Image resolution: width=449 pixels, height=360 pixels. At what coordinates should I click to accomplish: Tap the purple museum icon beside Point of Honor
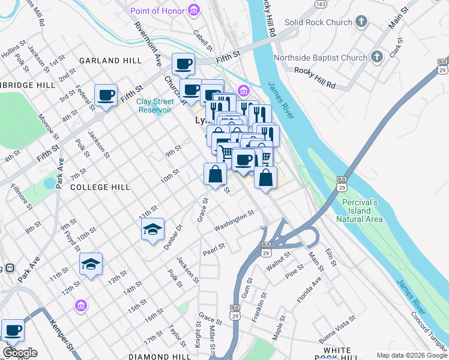tap(193, 10)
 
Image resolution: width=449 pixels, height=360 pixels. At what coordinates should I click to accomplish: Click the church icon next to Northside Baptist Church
tap(377, 58)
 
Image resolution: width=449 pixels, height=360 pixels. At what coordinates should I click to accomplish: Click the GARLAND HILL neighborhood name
tap(110, 61)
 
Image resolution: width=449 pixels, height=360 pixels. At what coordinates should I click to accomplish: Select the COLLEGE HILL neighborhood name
tap(100, 187)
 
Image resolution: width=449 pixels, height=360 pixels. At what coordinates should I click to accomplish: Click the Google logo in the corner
tap(20, 353)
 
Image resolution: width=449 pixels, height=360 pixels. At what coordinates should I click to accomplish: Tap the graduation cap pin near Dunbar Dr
tap(152, 229)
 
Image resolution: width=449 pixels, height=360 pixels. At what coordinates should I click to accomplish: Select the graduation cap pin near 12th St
tap(91, 263)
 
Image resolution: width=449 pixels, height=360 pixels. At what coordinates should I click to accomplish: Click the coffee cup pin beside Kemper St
tap(13, 329)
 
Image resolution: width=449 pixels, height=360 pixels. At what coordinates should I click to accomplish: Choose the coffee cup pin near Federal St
tap(106, 95)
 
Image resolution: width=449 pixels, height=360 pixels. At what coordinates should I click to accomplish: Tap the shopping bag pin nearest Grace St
tap(215, 175)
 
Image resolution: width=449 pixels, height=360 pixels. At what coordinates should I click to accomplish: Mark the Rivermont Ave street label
tap(148, 44)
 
